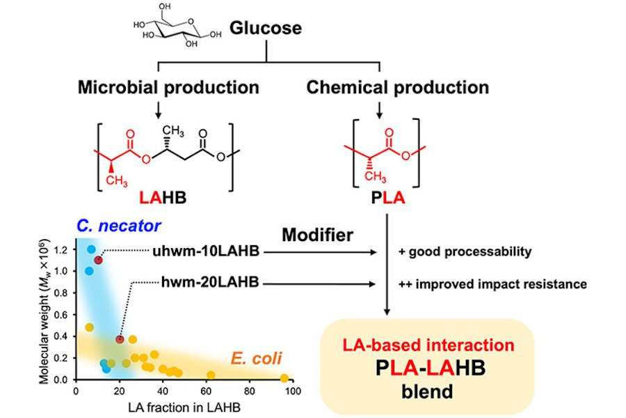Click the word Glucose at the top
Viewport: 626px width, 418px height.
[x=266, y=29]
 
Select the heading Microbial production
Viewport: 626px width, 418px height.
[x=168, y=88]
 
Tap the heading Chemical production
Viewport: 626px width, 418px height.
[x=397, y=88]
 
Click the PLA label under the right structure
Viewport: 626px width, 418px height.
[x=379, y=199]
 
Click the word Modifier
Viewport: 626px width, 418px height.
[x=316, y=235]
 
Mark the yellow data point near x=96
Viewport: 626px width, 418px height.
[x=284, y=378]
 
